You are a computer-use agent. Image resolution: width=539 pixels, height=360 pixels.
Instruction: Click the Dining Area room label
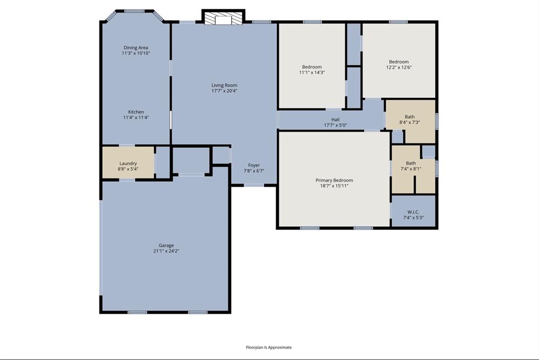(136, 48)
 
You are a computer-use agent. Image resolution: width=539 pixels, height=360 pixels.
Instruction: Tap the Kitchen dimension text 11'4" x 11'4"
(136, 117)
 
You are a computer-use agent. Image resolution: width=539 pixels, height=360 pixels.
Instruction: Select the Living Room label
(224, 85)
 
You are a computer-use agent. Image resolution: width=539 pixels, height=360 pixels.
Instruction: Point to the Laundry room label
(128, 164)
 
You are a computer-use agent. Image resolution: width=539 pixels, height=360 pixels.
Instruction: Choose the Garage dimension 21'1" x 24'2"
(166, 251)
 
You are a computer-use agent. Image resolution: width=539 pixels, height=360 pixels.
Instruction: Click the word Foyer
(254, 165)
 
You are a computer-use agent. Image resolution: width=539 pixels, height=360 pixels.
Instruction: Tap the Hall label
(335, 119)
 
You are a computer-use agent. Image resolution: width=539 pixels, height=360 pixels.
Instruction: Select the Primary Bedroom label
(334, 180)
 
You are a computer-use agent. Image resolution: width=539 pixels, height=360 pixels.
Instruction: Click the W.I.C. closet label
(413, 212)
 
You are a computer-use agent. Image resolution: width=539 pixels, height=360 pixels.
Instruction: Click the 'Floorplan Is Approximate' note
(268, 347)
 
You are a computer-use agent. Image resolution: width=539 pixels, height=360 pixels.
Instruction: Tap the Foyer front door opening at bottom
(254, 185)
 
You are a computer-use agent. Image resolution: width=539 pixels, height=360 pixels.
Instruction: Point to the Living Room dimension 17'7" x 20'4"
(224, 91)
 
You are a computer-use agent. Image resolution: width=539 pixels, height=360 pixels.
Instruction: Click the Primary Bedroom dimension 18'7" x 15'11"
(334, 186)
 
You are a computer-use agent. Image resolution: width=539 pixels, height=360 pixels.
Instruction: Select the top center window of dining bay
(135, 11)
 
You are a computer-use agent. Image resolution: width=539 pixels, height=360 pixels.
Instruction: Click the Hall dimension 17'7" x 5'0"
(335, 125)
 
